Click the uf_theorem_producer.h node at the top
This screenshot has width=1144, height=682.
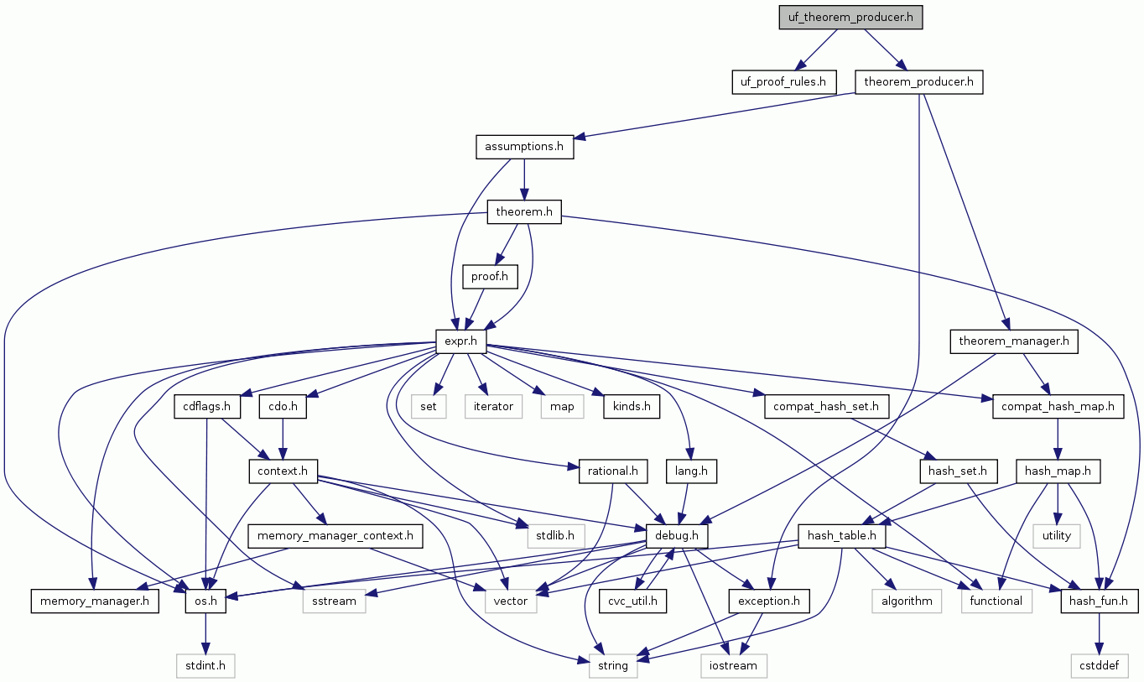click(850, 18)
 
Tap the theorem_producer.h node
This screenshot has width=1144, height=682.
click(918, 82)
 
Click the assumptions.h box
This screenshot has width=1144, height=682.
click(524, 147)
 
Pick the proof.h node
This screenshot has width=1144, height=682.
click(490, 276)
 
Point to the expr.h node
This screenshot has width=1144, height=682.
click(461, 341)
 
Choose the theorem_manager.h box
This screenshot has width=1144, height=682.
click(1014, 341)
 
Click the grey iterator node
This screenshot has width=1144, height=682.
click(493, 407)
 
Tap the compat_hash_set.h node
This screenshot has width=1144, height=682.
click(826, 407)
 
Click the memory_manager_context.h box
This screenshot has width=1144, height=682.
click(335, 535)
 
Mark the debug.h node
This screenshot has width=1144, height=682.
click(677, 535)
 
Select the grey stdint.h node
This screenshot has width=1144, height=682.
click(205, 665)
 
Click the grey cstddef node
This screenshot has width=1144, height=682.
click(1099, 665)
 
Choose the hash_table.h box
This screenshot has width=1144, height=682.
click(842, 535)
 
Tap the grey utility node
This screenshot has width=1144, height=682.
click(1056, 535)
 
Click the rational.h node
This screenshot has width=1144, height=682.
click(612, 471)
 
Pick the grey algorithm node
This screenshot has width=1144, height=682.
click(906, 601)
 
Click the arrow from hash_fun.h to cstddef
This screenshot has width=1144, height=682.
click(1099, 633)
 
